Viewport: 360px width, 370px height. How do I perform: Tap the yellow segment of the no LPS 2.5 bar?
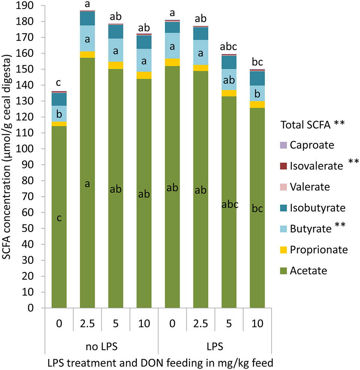[x=87, y=55]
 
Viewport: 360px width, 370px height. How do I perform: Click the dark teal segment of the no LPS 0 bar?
[x=59, y=99]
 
